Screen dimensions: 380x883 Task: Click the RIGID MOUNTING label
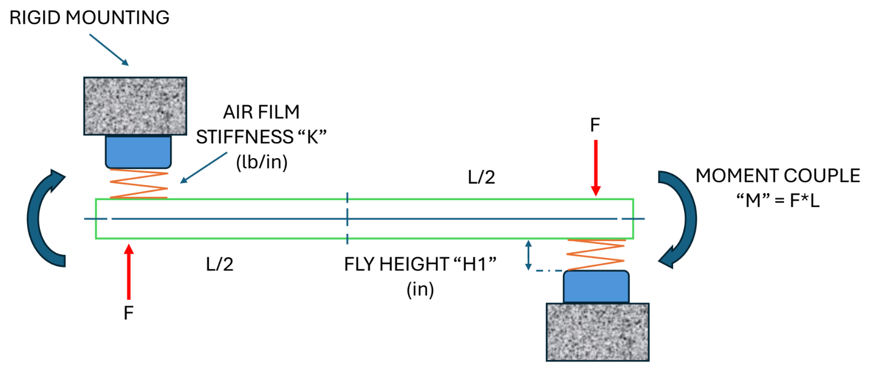[90, 18]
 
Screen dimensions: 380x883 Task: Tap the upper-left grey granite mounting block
[135, 106]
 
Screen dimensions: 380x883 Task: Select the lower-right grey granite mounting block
[597, 332]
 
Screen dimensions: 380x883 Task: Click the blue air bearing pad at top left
[138, 152]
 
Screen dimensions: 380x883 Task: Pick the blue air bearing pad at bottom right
[596, 287]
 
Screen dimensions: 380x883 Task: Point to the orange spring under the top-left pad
[139, 184]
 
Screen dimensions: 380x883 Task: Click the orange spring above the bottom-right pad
[596, 254]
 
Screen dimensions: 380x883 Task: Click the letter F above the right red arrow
[595, 125]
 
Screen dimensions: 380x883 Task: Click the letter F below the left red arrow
[128, 313]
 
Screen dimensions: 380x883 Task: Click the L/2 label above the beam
[481, 177]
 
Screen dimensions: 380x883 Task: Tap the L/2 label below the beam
[219, 264]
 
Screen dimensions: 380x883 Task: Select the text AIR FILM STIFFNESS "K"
[261, 125]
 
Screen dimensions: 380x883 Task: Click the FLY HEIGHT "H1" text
[420, 264]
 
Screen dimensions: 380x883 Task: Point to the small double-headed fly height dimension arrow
[528, 255]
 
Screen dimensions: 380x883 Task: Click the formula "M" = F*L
[777, 200]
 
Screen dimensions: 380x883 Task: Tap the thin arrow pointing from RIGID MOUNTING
[109, 50]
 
